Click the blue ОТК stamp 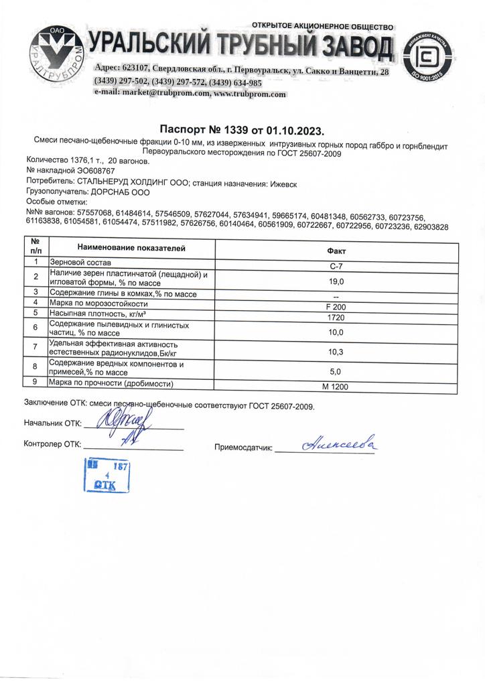(106, 476)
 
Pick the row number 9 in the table (36, 383)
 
